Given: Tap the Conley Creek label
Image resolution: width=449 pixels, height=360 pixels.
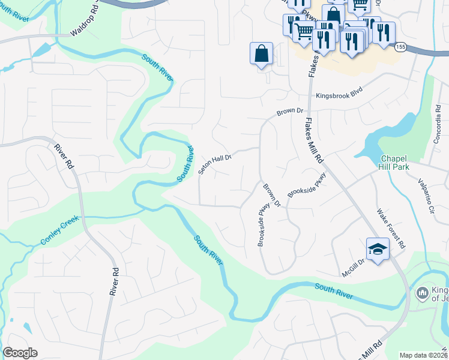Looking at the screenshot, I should (x=59, y=233).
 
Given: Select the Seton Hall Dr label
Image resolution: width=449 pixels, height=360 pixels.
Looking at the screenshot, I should (x=215, y=163).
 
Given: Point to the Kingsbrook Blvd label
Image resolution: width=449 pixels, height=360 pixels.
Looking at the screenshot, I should (x=340, y=95).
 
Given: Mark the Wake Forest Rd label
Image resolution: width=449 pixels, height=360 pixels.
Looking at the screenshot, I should (x=391, y=229).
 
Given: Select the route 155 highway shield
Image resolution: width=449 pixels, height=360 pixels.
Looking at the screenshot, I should (x=401, y=47).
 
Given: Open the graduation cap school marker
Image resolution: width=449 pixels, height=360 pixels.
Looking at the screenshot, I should (x=378, y=249).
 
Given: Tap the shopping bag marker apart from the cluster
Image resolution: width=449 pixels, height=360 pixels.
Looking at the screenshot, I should (x=262, y=53).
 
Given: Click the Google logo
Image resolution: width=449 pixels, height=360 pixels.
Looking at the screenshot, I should (x=20, y=353).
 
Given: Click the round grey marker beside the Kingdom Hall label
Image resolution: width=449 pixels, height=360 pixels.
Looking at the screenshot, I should (x=421, y=292).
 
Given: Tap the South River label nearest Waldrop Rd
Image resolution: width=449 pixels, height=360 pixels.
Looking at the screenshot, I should (x=157, y=66).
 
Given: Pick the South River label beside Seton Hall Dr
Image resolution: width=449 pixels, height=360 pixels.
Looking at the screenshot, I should (x=185, y=164).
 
